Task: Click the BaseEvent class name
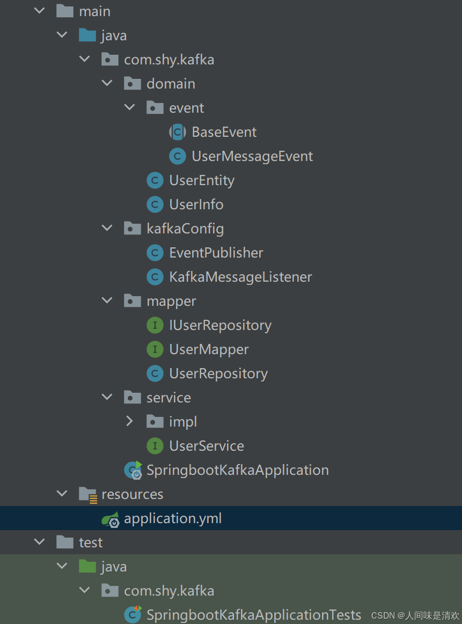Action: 224,132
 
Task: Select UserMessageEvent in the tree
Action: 252,156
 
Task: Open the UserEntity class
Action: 201,180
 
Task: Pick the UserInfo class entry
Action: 196,204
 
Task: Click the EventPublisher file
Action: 216,253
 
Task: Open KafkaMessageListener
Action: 240,277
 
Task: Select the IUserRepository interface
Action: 220,325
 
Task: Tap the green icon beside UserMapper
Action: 155,349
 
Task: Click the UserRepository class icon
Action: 155,373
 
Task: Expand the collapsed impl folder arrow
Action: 129,422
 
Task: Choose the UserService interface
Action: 206,446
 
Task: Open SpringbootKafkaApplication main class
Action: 237,470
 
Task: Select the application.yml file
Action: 172,518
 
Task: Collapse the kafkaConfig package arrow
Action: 107,229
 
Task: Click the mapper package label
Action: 171,301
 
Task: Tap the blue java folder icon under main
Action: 87,35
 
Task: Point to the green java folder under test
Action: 87,567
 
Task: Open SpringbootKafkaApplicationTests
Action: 253,615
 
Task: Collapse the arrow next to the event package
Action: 130,108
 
